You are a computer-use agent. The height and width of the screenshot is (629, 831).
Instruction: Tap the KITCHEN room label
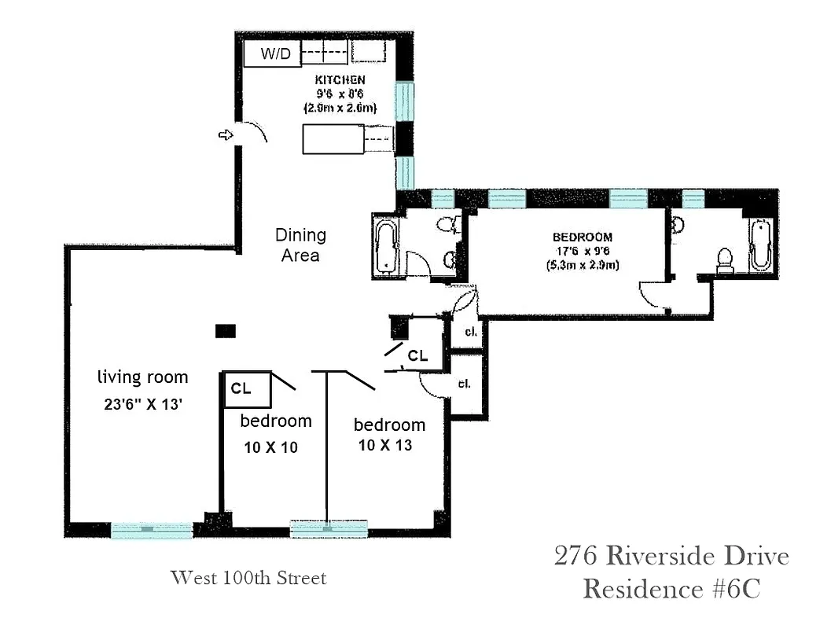point(340,80)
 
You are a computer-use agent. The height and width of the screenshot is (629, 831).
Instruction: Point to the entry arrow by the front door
point(226,135)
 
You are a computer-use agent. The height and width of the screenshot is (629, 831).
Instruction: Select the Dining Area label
point(300,245)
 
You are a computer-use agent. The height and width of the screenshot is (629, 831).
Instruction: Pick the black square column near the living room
point(226,331)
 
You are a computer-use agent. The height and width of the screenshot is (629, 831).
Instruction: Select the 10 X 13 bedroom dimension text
point(385,445)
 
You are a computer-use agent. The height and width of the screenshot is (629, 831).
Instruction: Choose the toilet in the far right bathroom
point(724,260)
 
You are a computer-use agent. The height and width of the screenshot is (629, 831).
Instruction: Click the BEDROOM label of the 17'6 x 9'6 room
point(582,237)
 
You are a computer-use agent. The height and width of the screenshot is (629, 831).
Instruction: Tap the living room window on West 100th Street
point(152,531)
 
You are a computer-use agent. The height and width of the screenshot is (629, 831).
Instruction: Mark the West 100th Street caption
point(248,579)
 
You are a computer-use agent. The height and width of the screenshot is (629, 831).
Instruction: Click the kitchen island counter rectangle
point(333,139)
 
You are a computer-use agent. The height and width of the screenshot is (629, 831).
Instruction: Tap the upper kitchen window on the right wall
point(404,101)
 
